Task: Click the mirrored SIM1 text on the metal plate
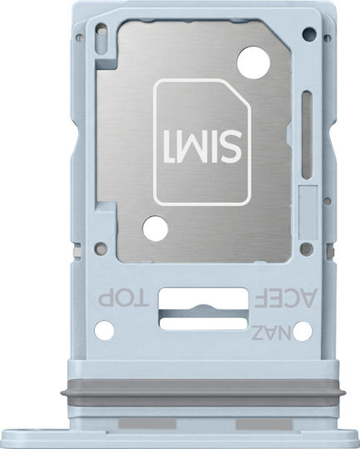202,146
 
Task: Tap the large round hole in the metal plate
254,62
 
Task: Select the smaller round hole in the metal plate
155,229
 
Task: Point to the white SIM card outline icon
202,142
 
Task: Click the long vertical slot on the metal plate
307,136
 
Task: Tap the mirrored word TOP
123,299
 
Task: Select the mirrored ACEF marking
286,298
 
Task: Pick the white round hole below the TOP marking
104,330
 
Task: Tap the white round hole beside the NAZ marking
303,331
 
